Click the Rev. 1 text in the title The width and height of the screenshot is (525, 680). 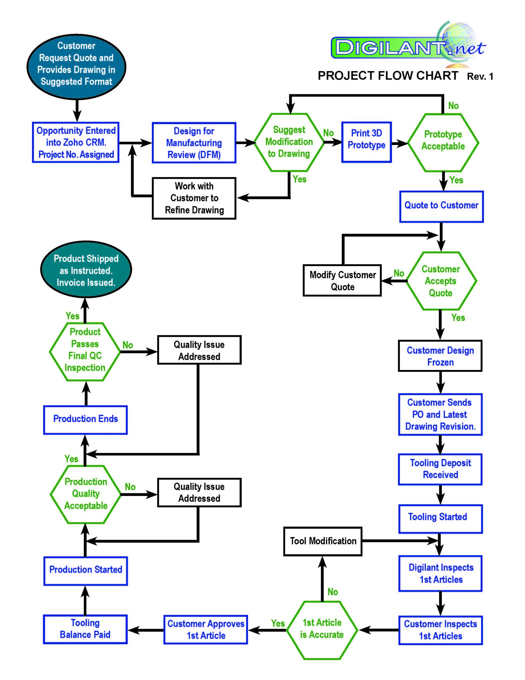click(480, 76)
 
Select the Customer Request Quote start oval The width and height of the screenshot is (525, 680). click(76, 67)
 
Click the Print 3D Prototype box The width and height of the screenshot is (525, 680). click(366, 142)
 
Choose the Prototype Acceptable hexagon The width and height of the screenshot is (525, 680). click(443, 142)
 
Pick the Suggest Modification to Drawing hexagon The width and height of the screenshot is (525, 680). click(289, 142)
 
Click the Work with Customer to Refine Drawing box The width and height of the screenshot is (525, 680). click(194, 198)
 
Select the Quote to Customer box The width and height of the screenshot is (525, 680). click(441, 206)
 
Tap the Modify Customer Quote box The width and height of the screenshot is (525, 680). click(342, 280)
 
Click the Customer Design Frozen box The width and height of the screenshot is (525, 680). click(440, 356)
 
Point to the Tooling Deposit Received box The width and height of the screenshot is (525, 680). click(440, 469)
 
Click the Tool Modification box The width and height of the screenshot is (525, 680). click(323, 541)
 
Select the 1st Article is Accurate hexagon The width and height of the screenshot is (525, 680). click(322, 630)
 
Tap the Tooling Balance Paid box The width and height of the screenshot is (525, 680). click(85, 629)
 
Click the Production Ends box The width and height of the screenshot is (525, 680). click(85, 420)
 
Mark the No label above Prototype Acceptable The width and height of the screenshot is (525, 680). click(453, 106)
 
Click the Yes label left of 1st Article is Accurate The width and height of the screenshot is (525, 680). click(278, 623)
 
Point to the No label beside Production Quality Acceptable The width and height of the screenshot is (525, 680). click(130, 487)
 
